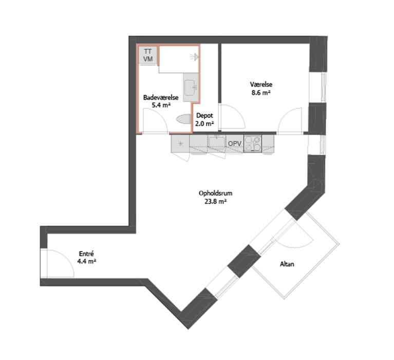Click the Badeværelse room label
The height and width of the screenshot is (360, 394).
point(161,97)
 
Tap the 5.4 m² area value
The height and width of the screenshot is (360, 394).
point(161,105)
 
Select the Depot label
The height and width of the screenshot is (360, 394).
point(204,116)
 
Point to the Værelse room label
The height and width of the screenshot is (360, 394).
point(261,84)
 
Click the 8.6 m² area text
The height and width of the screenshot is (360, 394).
point(261,93)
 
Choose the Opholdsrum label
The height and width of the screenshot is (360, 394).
point(215,193)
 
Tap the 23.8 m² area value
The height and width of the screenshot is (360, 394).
point(216,202)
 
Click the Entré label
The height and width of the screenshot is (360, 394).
point(86,254)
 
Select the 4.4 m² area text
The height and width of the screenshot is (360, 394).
point(87,261)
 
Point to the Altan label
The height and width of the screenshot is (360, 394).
point(287,264)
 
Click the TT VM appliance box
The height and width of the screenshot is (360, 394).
point(148,56)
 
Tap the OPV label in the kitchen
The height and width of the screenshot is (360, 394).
point(235,143)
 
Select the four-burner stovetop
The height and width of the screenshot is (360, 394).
point(253,143)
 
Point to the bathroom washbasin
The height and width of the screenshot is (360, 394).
point(191,87)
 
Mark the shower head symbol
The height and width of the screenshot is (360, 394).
point(195,57)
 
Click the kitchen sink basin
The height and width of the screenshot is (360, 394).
point(217,141)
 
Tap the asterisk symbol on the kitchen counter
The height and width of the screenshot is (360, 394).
point(180,144)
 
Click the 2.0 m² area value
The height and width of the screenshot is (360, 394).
point(204,124)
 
